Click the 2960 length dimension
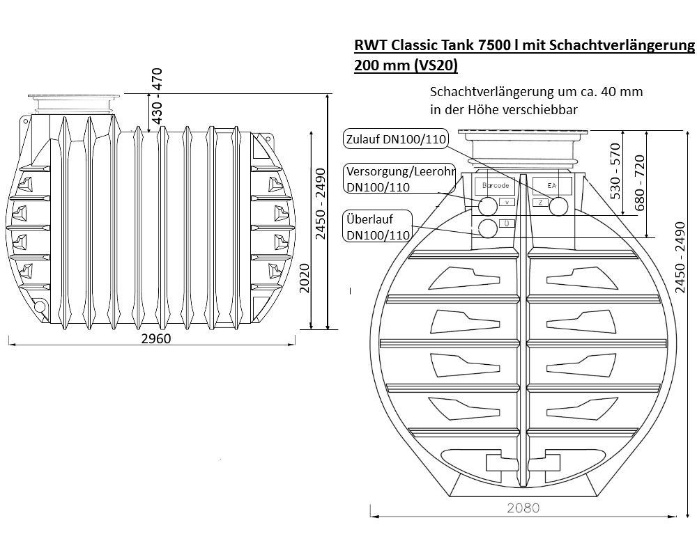coord(156,338)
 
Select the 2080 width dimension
coord(523,508)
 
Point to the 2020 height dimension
coord(305,278)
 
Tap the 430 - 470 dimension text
coord(157,96)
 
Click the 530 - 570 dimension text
coord(615,171)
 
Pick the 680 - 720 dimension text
coord(639,183)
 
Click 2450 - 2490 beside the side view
coord(321,204)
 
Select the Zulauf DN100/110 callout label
coord(396,139)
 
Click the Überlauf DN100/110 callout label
coord(378,226)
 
